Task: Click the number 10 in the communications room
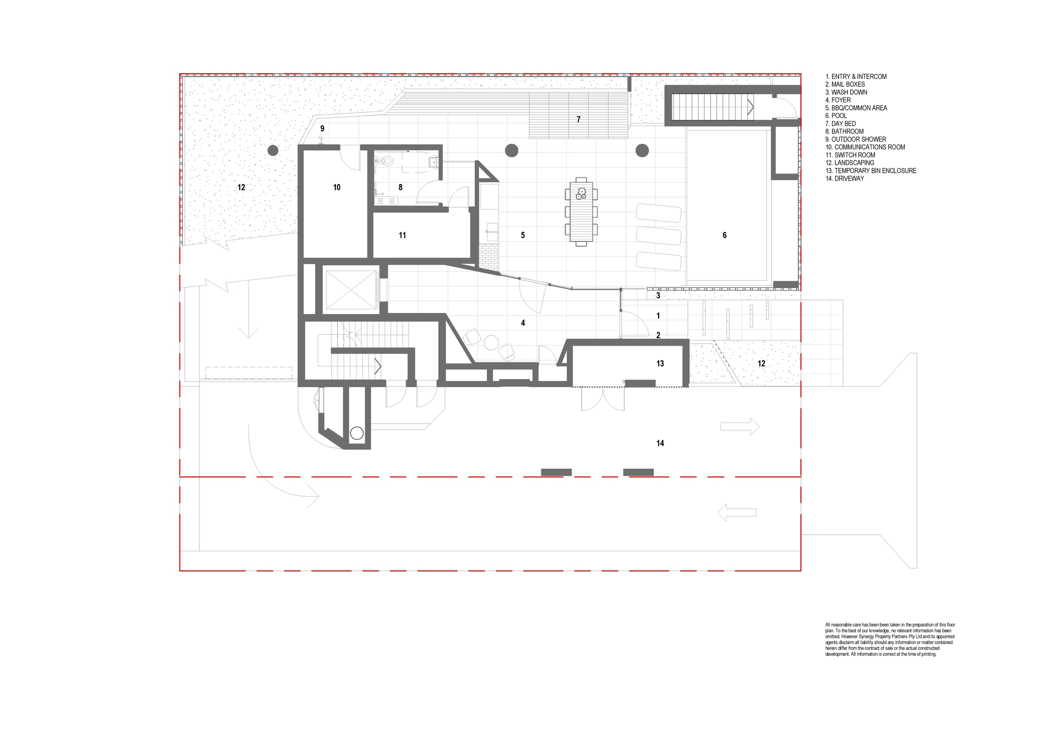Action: pos(337,187)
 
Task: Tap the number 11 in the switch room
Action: pos(402,235)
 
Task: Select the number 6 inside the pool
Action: pos(725,235)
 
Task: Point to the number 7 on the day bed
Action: pos(579,119)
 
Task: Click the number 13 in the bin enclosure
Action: pos(660,363)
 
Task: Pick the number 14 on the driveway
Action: pos(660,443)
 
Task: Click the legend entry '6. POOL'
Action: pos(836,116)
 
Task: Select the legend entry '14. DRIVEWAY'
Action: pos(845,179)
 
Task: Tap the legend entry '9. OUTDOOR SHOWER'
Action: pos(856,139)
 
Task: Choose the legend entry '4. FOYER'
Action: pos(838,100)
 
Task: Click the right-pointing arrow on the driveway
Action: pos(740,427)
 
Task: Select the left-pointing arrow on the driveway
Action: pos(737,513)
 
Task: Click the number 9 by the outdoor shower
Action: pos(322,128)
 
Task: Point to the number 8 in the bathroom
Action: pos(400,187)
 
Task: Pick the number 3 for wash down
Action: pos(658,295)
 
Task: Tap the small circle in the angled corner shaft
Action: pos(357,433)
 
